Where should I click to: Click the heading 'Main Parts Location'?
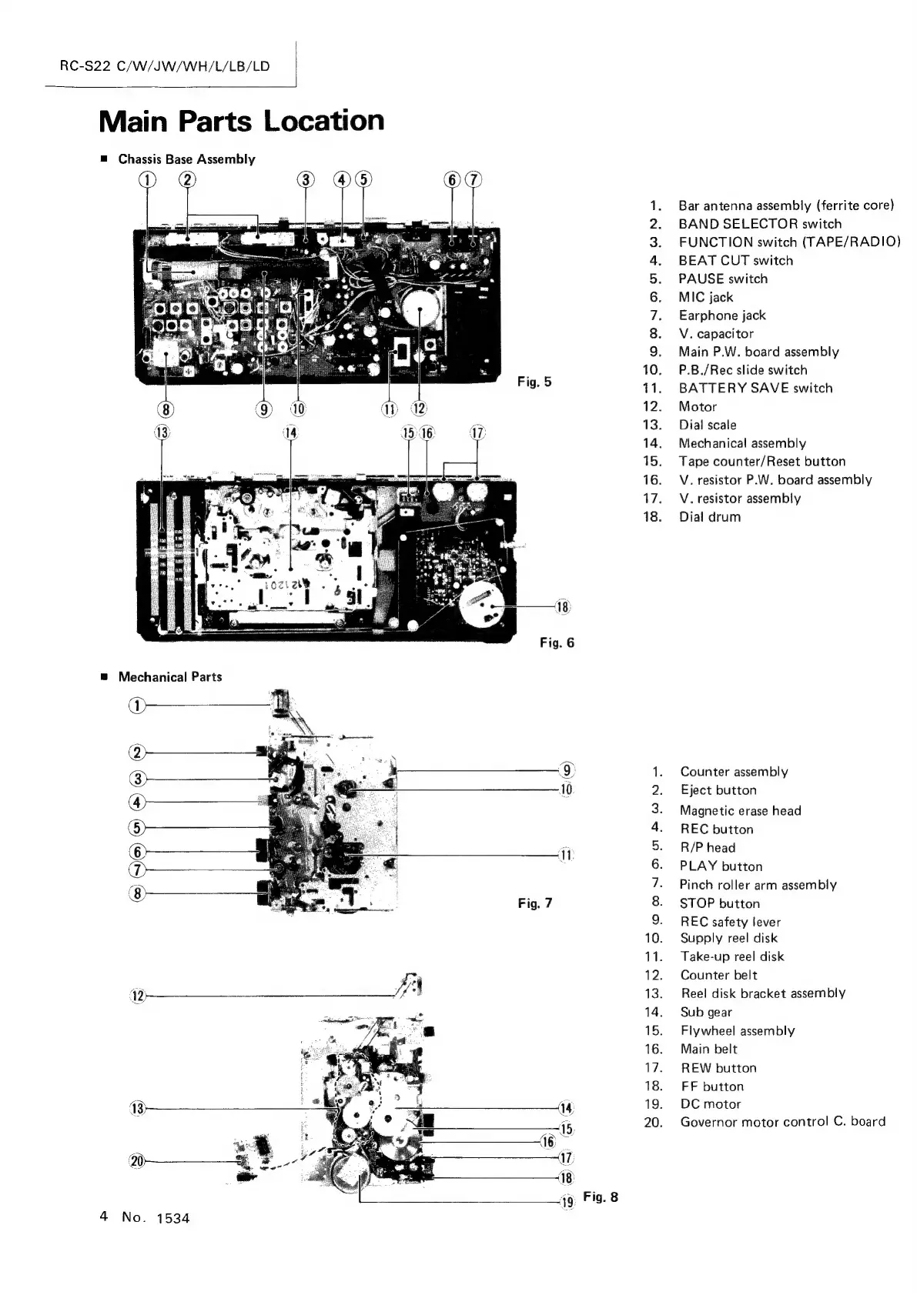pos(241,121)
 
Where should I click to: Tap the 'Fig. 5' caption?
pos(534,382)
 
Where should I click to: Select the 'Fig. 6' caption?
pos(557,642)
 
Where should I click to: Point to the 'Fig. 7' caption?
pos(534,903)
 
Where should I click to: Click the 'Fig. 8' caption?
pos(601,1197)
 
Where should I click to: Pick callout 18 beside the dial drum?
pos(563,607)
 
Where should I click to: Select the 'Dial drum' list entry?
pos(709,517)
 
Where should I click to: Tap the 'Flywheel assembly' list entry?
pos(737,1031)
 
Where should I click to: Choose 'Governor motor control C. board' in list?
pos(782,1122)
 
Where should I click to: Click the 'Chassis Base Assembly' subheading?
pos(186,159)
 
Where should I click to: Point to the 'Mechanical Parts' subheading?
pos(169,677)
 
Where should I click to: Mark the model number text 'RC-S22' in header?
pos(85,66)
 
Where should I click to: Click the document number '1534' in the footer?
pos(172,1218)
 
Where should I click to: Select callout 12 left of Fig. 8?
pos(137,997)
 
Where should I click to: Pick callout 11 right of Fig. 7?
pos(566,856)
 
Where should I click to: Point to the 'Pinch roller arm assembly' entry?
pos(758,885)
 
